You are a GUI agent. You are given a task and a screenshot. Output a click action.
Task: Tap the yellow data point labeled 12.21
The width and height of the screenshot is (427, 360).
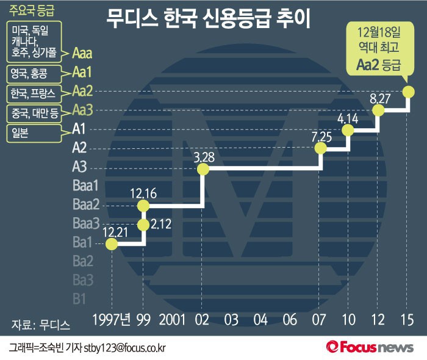pyautogui.click(x=112, y=244)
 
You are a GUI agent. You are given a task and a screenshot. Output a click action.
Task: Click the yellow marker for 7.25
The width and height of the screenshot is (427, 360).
pyautogui.click(x=321, y=148)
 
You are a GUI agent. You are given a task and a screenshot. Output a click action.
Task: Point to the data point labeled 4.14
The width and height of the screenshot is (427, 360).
pyautogui.click(x=348, y=130)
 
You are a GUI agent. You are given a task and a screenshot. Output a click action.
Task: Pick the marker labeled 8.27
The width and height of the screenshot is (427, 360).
pyautogui.click(x=379, y=110)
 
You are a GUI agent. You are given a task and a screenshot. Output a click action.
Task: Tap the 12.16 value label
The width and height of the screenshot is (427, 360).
pyautogui.click(x=144, y=194)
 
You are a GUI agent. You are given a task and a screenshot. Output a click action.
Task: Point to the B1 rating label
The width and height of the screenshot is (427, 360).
pyautogui.click(x=79, y=298)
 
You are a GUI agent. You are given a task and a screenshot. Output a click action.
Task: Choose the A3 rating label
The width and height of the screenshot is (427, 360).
pyautogui.click(x=79, y=166)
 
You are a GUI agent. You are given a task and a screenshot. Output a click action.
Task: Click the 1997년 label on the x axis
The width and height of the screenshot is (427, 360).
pyautogui.click(x=112, y=319)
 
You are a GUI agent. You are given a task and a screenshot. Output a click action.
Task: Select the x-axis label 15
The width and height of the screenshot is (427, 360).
pyautogui.click(x=407, y=319)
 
